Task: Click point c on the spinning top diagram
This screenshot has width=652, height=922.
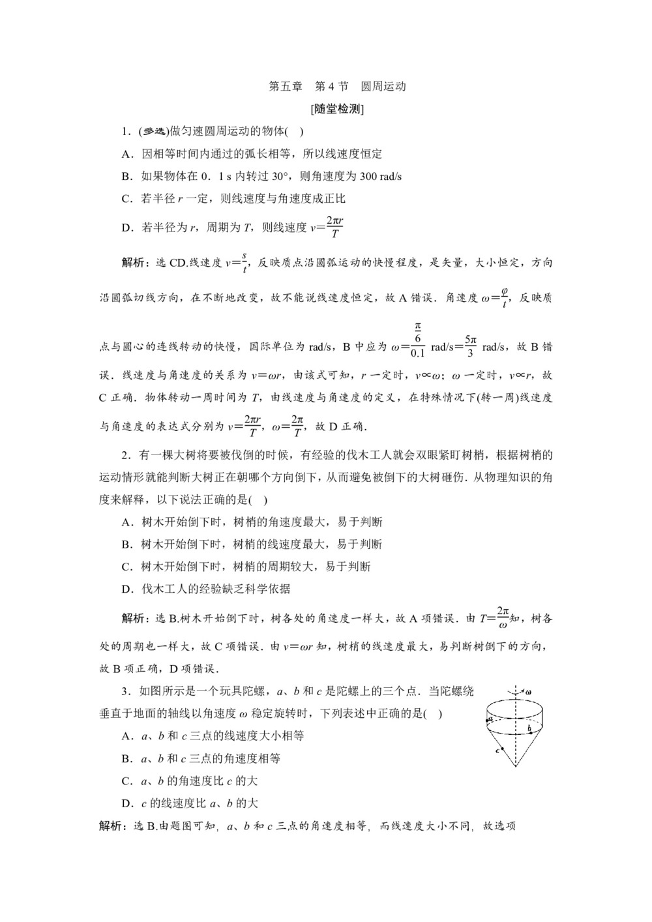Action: (x=497, y=750)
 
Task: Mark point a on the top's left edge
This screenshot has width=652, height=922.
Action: (x=489, y=719)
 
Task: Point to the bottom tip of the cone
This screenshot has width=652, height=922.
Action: (x=516, y=766)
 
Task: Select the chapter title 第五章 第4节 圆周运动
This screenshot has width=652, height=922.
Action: (x=337, y=86)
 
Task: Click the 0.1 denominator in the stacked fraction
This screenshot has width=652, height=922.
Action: (x=417, y=353)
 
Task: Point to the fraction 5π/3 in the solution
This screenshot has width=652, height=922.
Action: (x=470, y=346)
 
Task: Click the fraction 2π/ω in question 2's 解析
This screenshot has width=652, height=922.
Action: (x=502, y=618)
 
